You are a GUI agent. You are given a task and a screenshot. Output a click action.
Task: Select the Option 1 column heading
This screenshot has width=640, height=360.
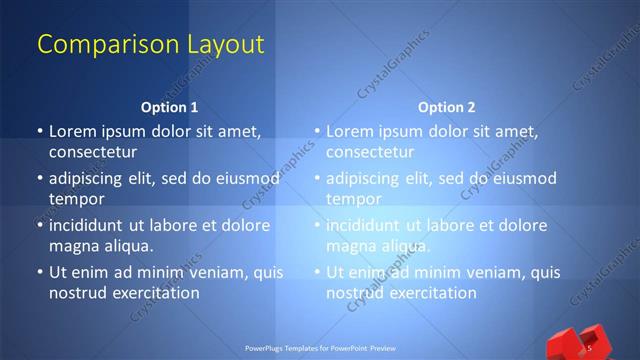click(x=169, y=106)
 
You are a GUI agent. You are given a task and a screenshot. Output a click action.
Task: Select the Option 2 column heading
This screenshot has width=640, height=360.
click(x=446, y=106)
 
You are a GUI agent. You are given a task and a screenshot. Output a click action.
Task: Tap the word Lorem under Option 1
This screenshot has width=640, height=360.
click(x=73, y=131)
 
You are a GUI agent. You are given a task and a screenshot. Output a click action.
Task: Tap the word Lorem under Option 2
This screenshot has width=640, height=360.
click(x=350, y=131)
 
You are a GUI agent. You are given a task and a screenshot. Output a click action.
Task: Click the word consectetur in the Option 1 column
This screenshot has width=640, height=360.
click(x=92, y=153)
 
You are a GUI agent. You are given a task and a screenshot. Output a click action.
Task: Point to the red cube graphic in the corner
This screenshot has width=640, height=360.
click(x=574, y=343)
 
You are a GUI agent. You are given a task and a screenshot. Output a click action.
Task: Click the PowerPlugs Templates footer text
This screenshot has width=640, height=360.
click(x=320, y=348)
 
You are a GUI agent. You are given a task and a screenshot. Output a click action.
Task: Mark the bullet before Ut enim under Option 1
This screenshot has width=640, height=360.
click(x=39, y=272)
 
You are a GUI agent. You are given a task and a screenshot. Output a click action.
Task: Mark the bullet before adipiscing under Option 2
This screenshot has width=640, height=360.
click(x=317, y=179)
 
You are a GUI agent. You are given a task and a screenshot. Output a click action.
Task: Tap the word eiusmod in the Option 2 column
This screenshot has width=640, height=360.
click(x=523, y=179)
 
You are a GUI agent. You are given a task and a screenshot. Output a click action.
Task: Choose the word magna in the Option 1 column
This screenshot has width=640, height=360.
click(x=73, y=246)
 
